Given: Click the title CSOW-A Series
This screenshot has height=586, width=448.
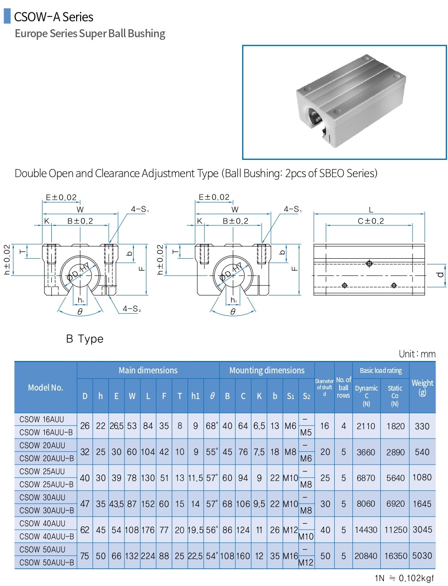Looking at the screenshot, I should click(x=54, y=17).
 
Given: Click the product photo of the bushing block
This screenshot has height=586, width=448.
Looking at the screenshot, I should click(x=344, y=102).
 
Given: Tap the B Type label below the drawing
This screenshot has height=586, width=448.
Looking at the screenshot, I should click(x=85, y=339).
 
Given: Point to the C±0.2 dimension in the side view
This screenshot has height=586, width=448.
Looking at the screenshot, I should click(x=371, y=221).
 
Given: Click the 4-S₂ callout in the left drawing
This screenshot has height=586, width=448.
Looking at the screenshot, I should click(x=131, y=309).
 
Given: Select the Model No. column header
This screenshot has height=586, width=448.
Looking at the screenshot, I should click(x=46, y=388).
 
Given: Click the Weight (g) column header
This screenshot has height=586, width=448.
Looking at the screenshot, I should click(x=422, y=387).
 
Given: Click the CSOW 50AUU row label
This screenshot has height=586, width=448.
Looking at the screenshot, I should click(x=42, y=549).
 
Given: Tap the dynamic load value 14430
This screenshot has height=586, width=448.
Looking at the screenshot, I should click(x=366, y=530).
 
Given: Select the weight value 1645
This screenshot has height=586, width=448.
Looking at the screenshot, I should click(x=422, y=504).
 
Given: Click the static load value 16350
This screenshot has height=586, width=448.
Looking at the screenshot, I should click(x=395, y=556).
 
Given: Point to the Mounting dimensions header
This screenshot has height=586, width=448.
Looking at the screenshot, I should click(x=267, y=370).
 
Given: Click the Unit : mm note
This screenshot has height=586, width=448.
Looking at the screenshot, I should click(x=417, y=354).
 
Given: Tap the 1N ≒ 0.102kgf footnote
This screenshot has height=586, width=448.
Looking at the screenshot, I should click(x=404, y=578).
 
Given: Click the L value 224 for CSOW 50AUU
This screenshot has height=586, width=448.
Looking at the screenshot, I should click(x=148, y=556).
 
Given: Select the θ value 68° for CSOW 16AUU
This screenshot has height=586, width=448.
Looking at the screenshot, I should click(x=212, y=426).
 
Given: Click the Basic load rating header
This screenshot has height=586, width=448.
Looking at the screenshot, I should click(x=381, y=370).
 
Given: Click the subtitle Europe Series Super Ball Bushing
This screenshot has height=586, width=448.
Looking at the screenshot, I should click(x=90, y=34).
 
